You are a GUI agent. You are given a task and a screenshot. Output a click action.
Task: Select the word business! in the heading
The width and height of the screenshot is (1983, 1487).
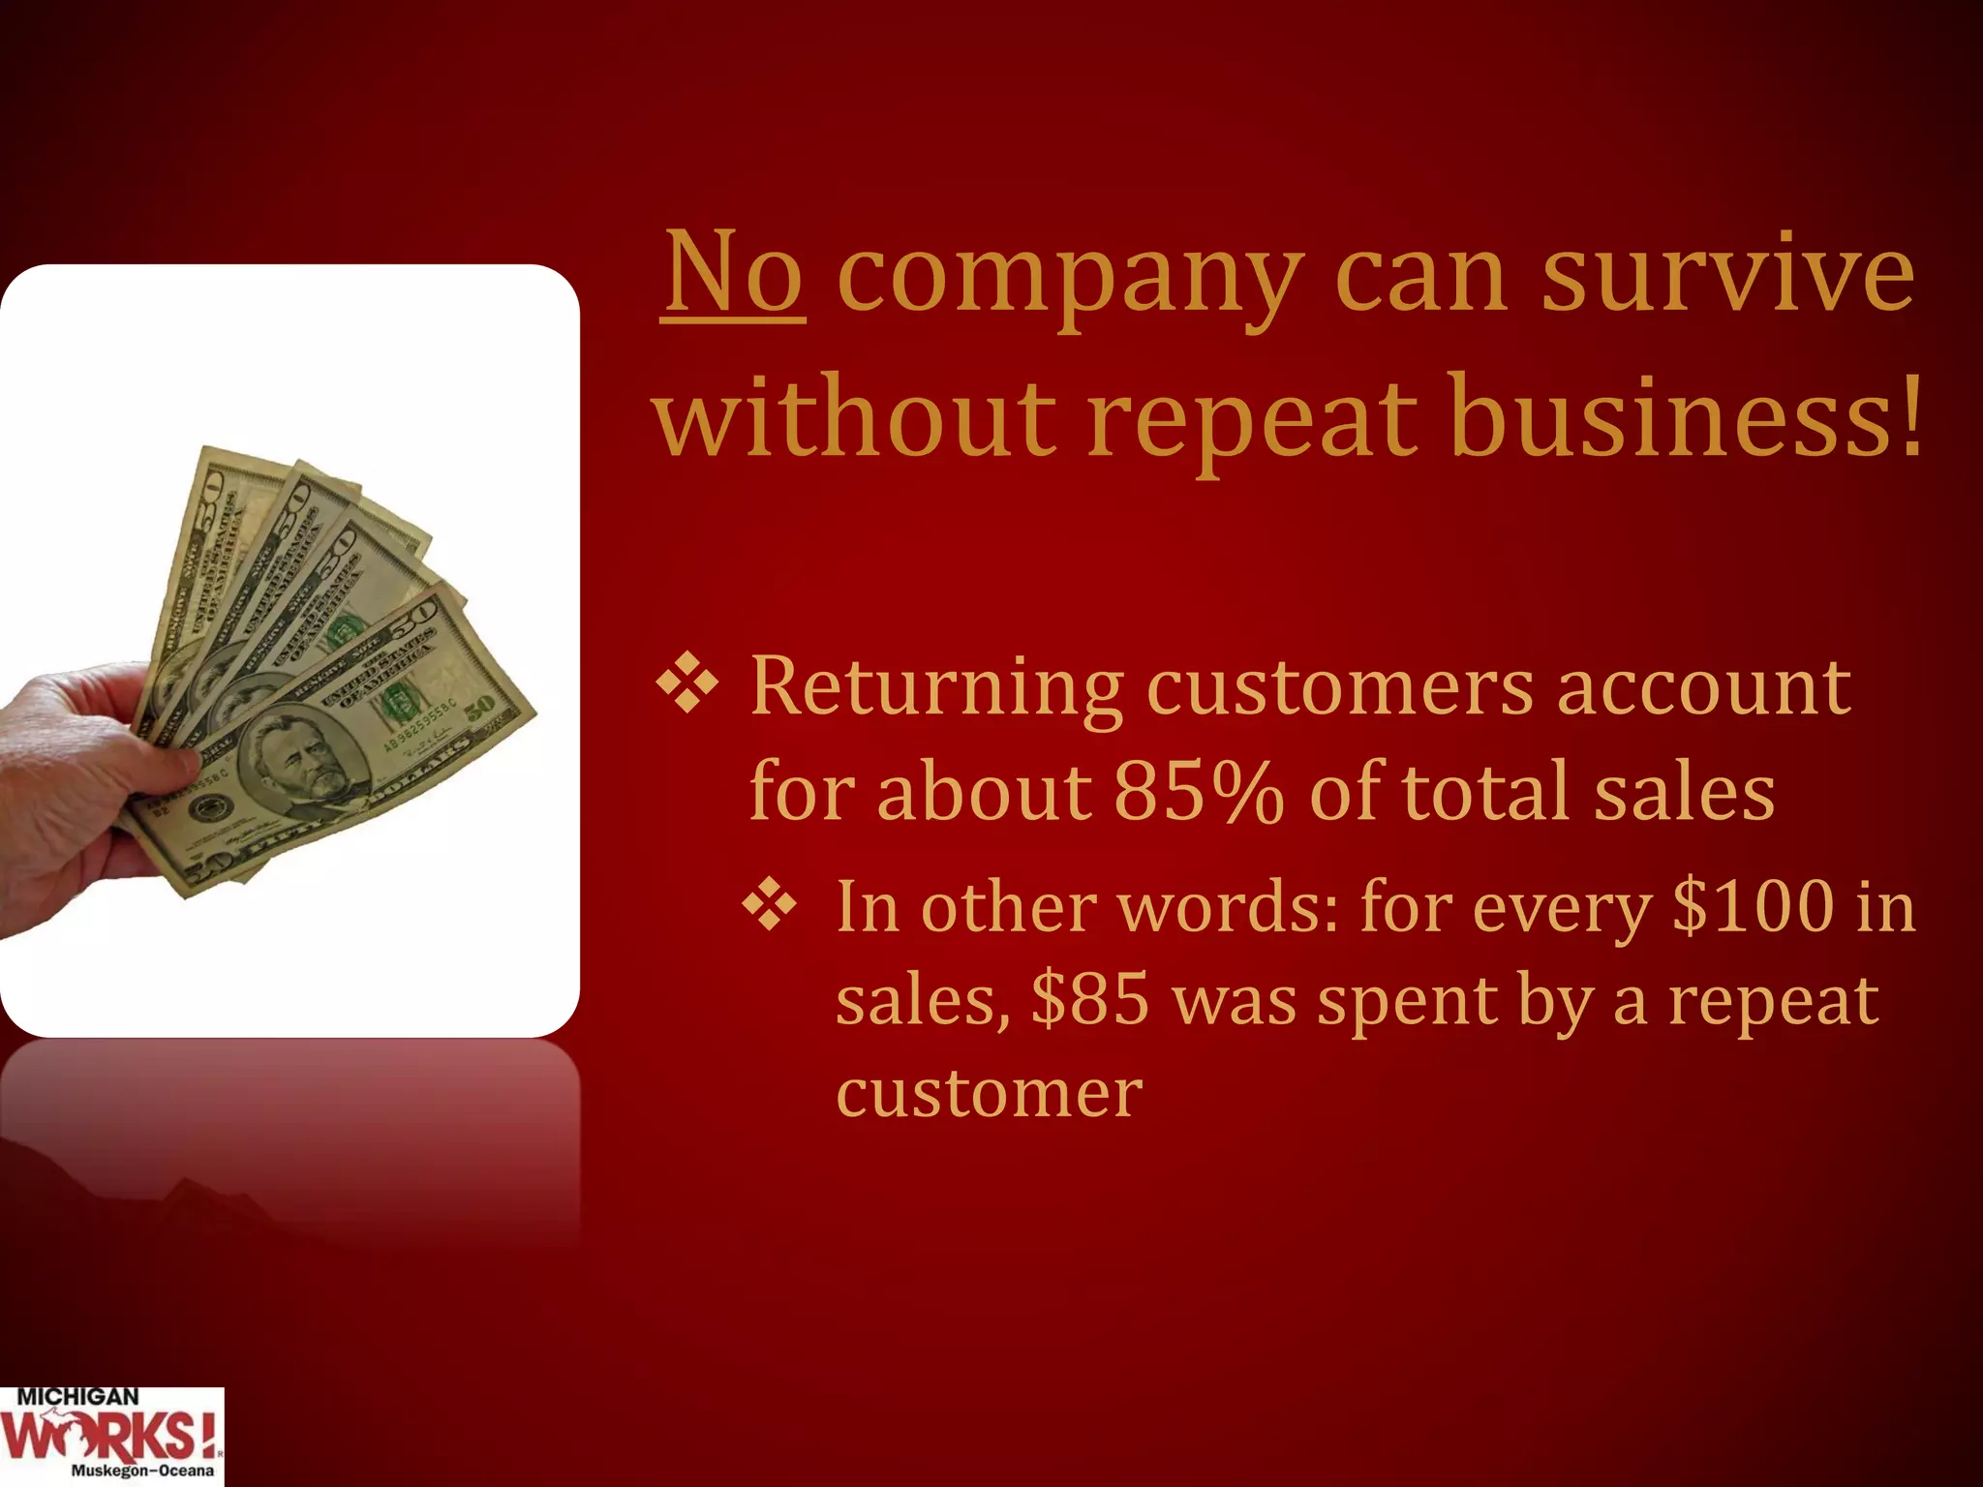click(x=1685, y=418)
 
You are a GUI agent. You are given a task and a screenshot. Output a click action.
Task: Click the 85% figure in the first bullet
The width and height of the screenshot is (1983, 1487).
click(x=1199, y=792)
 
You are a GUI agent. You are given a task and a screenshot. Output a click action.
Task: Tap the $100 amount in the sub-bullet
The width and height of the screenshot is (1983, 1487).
click(x=1753, y=907)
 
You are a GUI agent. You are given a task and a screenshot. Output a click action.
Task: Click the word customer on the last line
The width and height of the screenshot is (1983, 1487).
click(x=989, y=1094)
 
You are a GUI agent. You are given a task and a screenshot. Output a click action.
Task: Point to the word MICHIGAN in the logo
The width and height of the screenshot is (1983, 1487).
click(x=77, y=1398)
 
